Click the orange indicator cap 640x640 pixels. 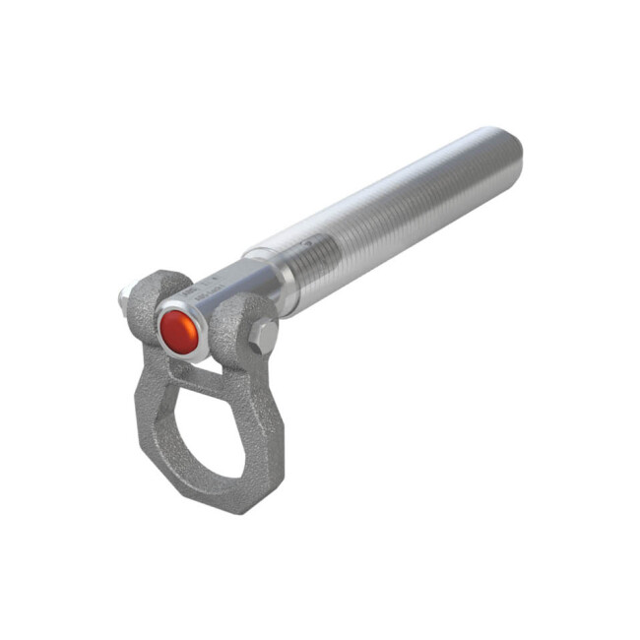click(180, 331)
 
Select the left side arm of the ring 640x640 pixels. click(148, 414)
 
